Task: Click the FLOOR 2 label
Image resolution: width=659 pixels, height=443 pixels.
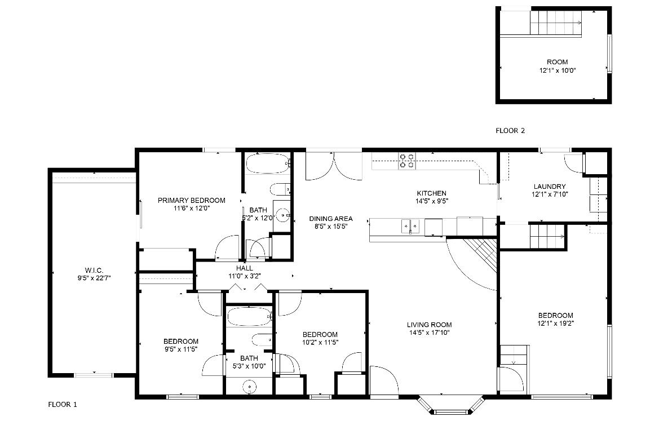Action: (x=510, y=131)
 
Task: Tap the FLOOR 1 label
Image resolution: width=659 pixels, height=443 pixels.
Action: (x=63, y=405)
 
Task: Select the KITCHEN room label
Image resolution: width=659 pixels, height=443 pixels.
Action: (x=432, y=193)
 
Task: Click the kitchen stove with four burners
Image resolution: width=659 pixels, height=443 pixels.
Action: (x=407, y=161)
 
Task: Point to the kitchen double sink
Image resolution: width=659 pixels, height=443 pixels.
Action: (x=410, y=225)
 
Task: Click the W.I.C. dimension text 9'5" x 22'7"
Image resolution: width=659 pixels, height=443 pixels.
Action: (x=94, y=278)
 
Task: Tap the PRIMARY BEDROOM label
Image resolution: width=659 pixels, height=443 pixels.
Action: (x=191, y=201)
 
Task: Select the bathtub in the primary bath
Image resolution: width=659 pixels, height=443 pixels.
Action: (x=268, y=164)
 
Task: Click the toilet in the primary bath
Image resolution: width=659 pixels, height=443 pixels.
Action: (x=280, y=189)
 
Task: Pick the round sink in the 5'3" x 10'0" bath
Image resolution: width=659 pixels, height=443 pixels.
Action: (x=250, y=387)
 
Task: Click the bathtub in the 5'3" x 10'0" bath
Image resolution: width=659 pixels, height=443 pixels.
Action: (x=250, y=317)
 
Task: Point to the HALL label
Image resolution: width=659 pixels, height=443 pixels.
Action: (x=245, y=268)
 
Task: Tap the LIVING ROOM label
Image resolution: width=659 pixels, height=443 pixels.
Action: (x=429, y=325)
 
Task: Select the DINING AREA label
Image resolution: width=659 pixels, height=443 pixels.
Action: (x=331, y=219)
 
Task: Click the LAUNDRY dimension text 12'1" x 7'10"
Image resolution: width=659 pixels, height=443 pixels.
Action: (x=550, y=194)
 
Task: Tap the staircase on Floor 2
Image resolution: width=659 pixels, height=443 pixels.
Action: (x=556, y=23)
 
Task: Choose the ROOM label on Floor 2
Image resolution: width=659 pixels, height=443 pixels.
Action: (x=558, y=62)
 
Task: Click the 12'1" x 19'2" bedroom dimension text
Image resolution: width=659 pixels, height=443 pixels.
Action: (x=556, y=324)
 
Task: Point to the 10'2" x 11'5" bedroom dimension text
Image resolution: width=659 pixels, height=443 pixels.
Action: (x=320, y=343)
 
